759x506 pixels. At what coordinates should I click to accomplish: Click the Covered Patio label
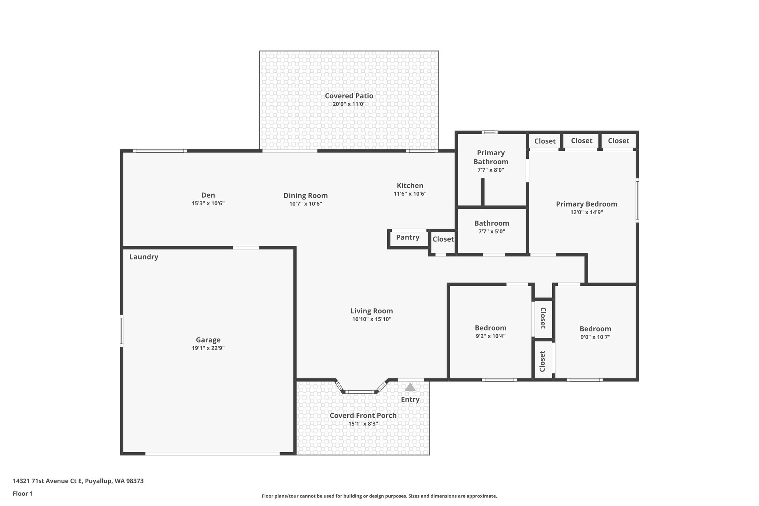click(x=349, y=96)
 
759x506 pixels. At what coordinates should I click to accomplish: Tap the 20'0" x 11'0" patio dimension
click(x=349, y=104)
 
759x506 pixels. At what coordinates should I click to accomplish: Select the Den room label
click(x=208, y=195)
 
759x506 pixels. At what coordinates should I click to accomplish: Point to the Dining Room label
click(x=305, y=195)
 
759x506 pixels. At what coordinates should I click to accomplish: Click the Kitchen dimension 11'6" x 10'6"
click(x=410, y=194)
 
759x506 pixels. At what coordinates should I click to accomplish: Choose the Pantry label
click(x=408, y=237)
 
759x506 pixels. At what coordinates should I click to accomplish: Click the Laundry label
click(x=144, y=257)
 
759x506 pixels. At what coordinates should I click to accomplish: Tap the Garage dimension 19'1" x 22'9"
click(x=208, y=348)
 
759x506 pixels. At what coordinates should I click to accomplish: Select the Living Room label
click(x=372, y=311)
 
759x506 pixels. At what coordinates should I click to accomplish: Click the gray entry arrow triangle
click(x=410, y=387)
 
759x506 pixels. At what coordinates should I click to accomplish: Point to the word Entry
click(x=410, y=399)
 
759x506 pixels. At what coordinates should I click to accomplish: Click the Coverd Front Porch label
click(x=363, y=416)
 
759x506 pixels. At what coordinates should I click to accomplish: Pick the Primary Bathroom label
click(x=491, y=157)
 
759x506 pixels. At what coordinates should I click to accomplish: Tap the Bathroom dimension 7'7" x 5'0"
click(x=491, y=232)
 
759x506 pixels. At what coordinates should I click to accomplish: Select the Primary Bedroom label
click(x=586, y=204)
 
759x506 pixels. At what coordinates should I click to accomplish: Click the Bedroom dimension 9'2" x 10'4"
click(x=490, y=336)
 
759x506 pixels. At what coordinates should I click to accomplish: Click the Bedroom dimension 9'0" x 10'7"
click(x=595, y=337)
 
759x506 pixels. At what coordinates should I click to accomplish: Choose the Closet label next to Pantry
click(x=443, y=239)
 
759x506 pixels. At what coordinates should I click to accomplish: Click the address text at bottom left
click(x=78, y=481)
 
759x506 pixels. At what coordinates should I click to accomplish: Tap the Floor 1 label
click(x=23, y=493)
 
